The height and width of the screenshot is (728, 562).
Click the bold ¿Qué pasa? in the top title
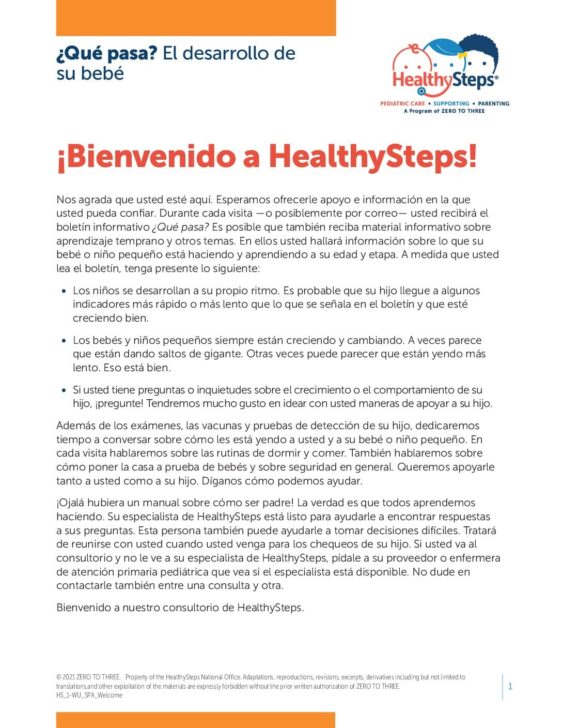click(106, 53)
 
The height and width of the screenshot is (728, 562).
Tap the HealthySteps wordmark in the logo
click(444, 80)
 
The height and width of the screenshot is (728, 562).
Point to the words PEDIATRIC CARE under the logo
click(402, 103)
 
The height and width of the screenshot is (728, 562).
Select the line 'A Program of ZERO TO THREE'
click(444, 111)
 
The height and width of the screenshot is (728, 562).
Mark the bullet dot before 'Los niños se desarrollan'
click(64, 291)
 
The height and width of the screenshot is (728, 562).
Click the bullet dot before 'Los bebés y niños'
click(64, 341)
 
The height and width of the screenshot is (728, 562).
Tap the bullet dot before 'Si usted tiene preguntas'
click(64, 390)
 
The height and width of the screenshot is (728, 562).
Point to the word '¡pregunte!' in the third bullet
click(120, 404)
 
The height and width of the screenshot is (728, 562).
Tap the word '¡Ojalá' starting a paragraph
click(70, 503)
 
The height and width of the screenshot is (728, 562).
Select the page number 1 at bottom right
click(510, 687)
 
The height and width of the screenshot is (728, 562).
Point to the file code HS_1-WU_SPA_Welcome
click(89, 695)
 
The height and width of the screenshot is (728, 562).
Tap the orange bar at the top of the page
click(196, 18)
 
